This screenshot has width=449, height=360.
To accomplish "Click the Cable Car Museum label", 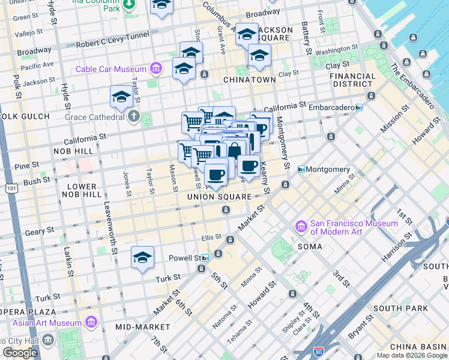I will (111, 69).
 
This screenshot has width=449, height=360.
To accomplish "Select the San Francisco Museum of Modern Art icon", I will (301, 227).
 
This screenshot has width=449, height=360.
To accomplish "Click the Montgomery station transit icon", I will (301, 170).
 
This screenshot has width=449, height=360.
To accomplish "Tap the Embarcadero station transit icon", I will (358, 107).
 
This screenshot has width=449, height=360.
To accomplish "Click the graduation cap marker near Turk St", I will (142, 257).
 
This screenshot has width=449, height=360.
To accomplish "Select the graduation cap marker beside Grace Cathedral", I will (121, 97).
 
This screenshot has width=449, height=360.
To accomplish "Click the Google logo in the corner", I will (20, 353).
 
